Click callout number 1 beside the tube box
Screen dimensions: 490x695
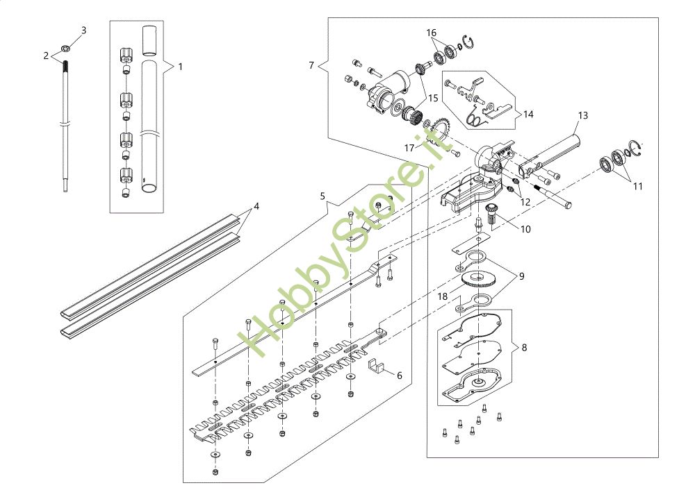[180, 67]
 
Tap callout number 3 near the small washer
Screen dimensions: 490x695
[84, 31]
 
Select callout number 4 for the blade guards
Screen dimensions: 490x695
[256, 206]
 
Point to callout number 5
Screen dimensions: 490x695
[322, 196]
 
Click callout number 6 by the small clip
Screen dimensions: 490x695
[400, 375]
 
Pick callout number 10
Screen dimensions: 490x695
[525, 228]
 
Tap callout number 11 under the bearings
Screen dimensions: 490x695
[637, 185]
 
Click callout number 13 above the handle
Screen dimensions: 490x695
[582, 115]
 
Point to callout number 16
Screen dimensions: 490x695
[432, 33]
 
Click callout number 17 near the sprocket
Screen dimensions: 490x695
[409, 147]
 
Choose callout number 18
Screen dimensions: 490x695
[443, 296]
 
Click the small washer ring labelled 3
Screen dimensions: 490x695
[65, 49]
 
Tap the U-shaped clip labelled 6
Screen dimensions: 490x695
[376, 365]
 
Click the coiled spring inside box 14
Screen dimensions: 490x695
[474, 119]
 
